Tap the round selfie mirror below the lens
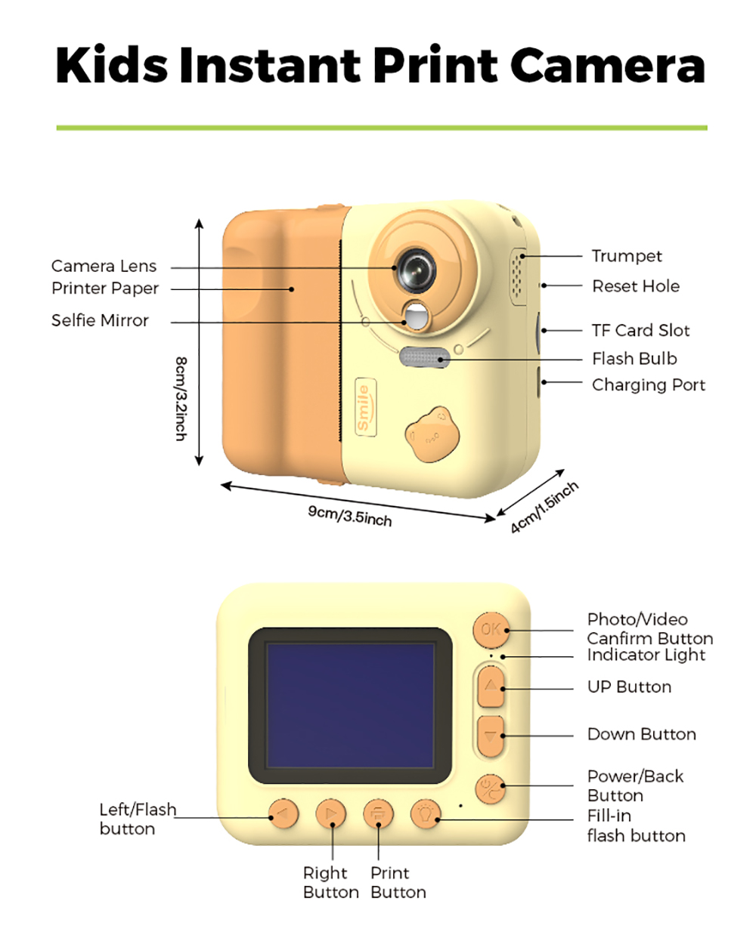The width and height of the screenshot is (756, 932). (x=415, y=315)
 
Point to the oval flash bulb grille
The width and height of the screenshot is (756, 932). (x=424, y=357)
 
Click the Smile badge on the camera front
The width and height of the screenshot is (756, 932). (x=364, y=407)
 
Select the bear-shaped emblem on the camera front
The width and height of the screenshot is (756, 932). (x=432, y=436)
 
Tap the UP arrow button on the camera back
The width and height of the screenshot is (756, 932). (x=491, y=687)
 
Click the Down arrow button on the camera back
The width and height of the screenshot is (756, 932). (x=491, y=735)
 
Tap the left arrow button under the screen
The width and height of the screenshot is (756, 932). (x=283, y=814)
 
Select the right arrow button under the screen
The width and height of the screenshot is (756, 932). (x=331, y=814)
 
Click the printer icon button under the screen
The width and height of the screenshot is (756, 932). (x=378, y=814)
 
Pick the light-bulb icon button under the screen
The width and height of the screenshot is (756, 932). (x=426, y=814)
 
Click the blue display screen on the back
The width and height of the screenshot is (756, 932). (x=351, y=705)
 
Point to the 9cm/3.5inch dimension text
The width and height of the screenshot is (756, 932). (x=350, y=516)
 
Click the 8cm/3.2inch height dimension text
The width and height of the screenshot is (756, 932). (x=181, y=399)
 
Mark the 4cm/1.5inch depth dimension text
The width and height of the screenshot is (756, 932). (x=544, y=507)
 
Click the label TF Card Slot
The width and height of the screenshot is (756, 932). (x=640, y=330)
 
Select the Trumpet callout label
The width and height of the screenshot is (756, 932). (x=627, y=256)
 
